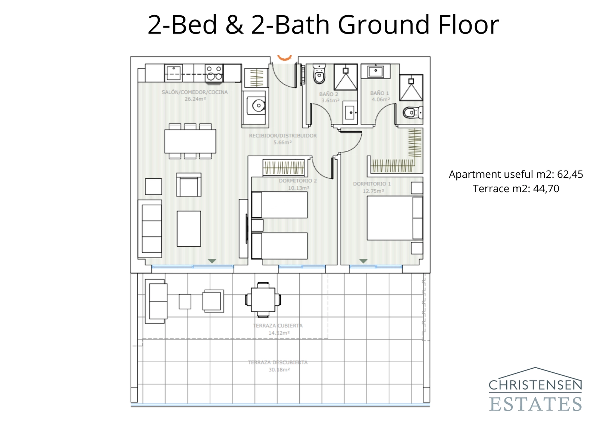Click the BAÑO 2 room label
tap(329, 94)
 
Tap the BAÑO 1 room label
tap(379, 93)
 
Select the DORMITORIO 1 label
tap(372, 184)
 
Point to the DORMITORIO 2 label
tap(298, 181)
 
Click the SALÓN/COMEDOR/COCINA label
tap(194, 92)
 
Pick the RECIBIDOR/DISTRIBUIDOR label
tap(283, 136)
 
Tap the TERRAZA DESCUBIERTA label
tap(278, 362)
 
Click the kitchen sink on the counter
tap(174, 73)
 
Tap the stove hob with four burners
tap(214, 73)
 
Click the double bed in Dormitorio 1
tap(394, 218)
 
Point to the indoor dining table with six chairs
tap(190, 141)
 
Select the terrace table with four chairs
tap(263, 300)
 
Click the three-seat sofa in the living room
tap(150, 229)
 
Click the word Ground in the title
tap(384, 25)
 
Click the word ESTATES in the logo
tap(535, 404)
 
